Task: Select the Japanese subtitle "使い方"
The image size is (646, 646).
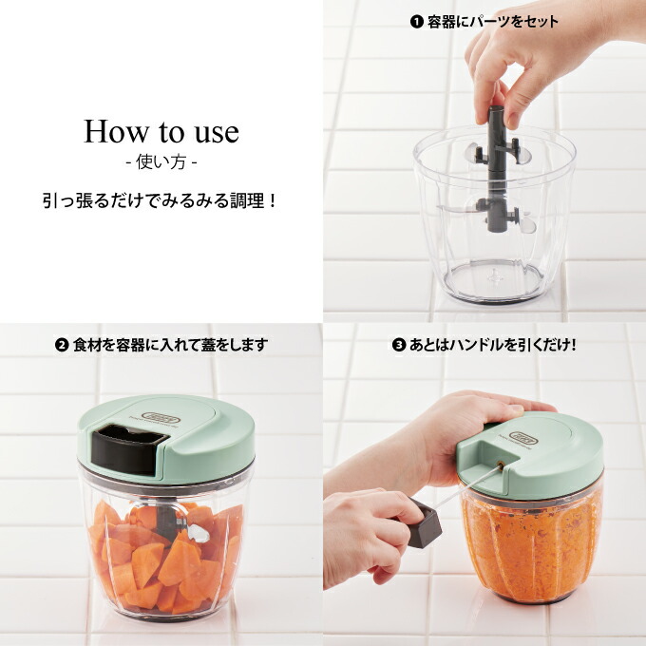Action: (x=161, y=162)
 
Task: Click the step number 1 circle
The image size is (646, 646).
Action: (x=416, y=22)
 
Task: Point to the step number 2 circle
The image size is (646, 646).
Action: (x=62, y=345)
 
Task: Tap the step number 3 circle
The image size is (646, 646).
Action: (x=399, y=345)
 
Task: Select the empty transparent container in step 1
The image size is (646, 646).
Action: (x=494, y=215)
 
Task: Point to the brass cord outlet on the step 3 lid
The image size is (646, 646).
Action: (x=501, y=465)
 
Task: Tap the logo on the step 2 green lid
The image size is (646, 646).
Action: (x=161, y=418)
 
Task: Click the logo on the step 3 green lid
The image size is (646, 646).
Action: (x=523, y=438)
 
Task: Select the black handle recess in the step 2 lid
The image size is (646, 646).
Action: (x=128, y=448)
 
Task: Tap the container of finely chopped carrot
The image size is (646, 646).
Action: (x=531, y=543)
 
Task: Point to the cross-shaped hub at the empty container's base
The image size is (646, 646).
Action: (x=496, y=276)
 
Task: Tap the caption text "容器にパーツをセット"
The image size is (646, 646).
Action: (x=492, y=22)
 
